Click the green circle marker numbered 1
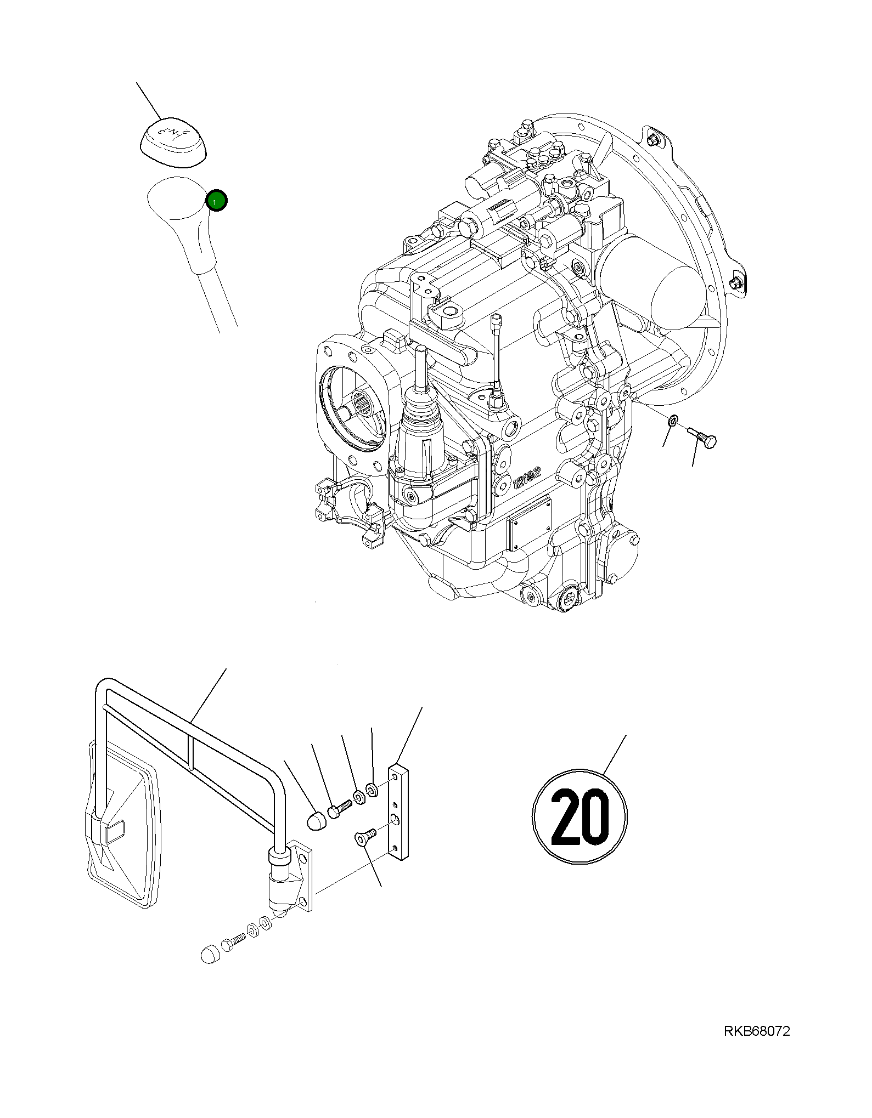point(216,201)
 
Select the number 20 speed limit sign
point(580,817)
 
